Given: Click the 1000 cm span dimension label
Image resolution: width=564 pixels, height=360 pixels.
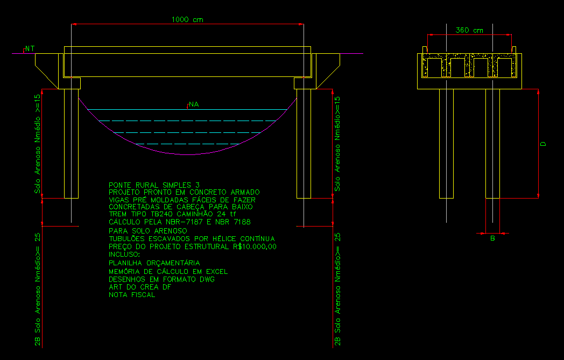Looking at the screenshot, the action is (187, 19).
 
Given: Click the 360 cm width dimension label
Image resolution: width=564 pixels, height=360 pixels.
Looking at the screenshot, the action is (469, 30).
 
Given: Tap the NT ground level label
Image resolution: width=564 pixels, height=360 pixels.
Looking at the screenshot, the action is (30, 48).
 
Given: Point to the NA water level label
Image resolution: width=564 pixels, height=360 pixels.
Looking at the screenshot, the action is (194, 104).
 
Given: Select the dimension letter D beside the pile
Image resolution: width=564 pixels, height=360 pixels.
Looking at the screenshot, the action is (543, 144).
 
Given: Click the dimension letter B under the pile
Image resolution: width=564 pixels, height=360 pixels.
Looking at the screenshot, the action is (493, 238).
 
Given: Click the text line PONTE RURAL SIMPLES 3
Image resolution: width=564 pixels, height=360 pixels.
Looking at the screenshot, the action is (154, 185).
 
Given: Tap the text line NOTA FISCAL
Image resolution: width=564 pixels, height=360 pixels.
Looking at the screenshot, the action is (132, 294).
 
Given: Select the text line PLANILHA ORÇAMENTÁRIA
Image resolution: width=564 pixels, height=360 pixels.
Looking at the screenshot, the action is (154, 263).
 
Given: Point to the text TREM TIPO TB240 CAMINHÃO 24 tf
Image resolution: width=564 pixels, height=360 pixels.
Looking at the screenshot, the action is (172, 214).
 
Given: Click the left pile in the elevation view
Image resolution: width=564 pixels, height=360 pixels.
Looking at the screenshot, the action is (71, 144).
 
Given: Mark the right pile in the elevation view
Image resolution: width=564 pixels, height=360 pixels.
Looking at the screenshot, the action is (304, 144).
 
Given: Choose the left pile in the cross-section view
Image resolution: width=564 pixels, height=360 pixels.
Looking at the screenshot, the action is (446, 144).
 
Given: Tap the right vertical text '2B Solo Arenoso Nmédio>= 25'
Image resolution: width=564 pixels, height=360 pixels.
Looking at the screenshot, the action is (337, 289).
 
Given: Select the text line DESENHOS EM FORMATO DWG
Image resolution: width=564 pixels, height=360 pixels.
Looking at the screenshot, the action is (161, 279).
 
